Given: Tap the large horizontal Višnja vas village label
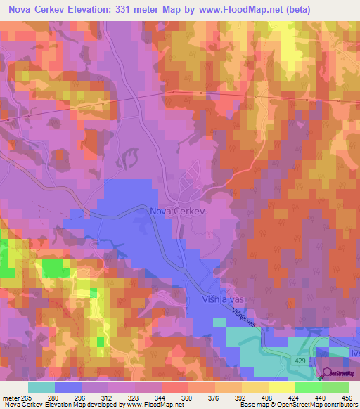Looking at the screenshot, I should pos(212,298).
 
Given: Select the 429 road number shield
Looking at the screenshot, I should pos(300,359).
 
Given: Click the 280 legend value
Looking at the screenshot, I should pos(68,397).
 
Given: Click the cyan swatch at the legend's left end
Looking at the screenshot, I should pos(41,387).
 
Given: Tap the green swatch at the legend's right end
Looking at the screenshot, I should pos(335,387).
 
